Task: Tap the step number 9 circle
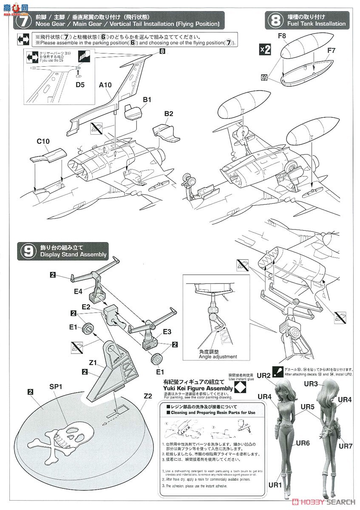point(28,251)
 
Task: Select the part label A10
point(105,85)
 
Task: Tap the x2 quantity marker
point(265,50)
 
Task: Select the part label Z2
point(148,395)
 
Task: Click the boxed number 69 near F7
point(265,77)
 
